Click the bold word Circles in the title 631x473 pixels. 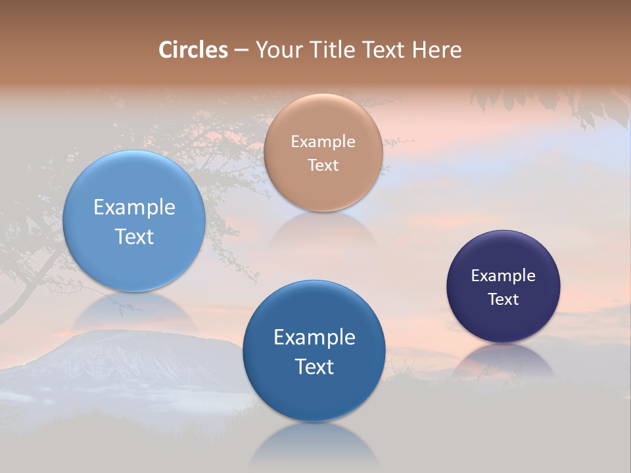point(193,50)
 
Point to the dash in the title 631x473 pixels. point(241,51)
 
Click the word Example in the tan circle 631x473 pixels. point(323,141)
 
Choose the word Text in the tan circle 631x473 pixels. point(323,165)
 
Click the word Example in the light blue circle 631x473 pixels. point(134,208)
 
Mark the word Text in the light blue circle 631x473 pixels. point(134,236)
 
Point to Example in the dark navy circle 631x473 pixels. point(503,276)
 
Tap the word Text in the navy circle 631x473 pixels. point(503,300)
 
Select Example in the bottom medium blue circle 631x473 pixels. point(314,338)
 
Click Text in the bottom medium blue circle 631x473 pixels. point(314,367)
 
